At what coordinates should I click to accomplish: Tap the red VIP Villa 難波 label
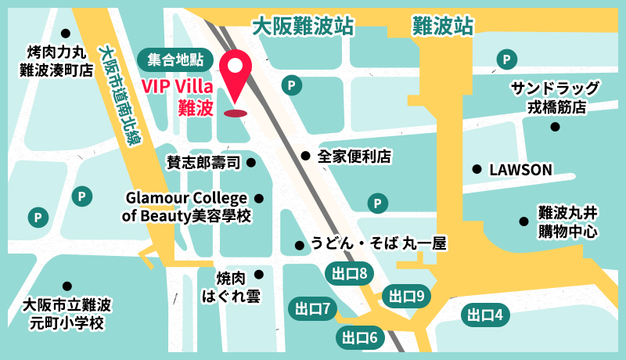pos(178,96)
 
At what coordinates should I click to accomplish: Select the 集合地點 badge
pos(174,59)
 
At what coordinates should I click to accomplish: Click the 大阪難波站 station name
pos(302,27)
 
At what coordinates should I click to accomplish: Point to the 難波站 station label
pos(443,27)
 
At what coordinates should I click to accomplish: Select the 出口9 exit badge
pos(407,296)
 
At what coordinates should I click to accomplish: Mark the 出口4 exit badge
pos(486,315)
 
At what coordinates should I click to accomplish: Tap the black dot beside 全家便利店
pos(305,156)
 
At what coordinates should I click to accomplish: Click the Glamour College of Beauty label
pos(188,207)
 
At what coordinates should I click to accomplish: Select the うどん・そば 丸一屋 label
pos(379,244)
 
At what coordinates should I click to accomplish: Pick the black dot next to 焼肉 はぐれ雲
pos(258,274)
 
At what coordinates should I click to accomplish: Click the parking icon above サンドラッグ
pos(508,59)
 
